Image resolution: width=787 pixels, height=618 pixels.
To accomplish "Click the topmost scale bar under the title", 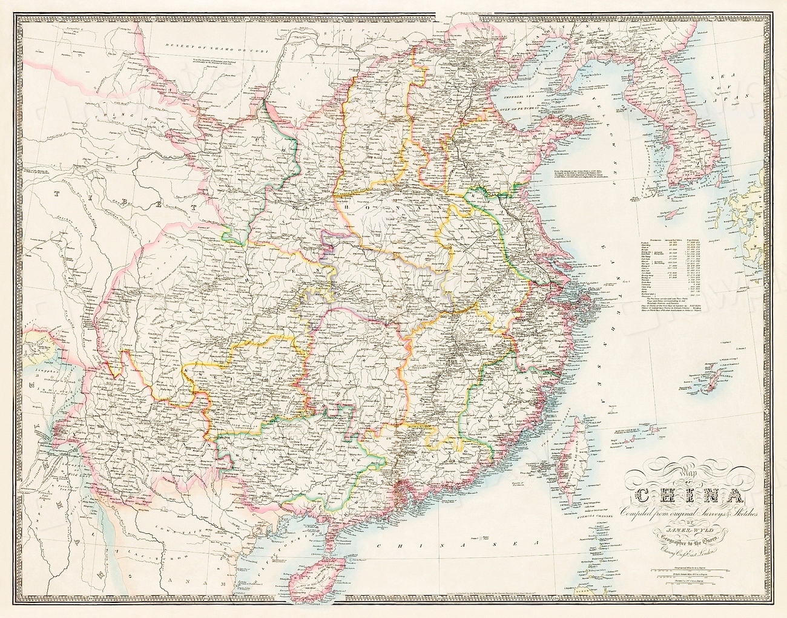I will point(702,569).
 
